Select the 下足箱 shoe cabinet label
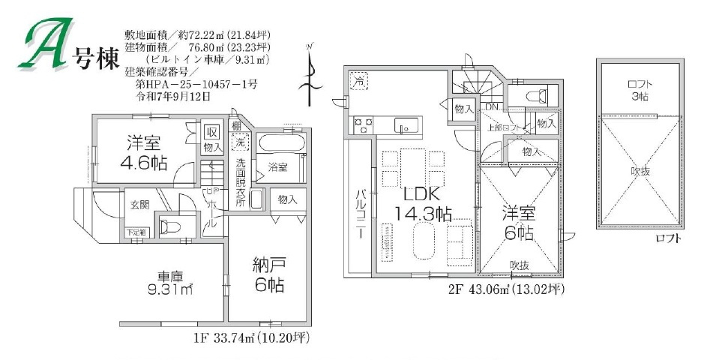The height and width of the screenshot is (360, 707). point(137,233)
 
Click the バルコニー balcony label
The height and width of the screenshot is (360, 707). point(360,214)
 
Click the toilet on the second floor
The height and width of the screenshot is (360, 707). point(535,95)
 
